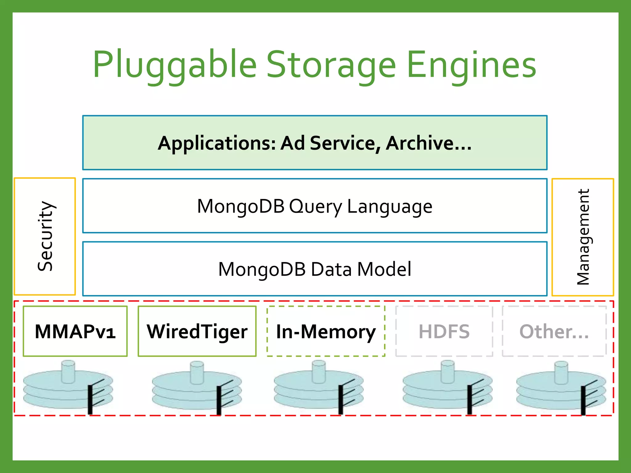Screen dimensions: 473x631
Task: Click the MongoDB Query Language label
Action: pyautogui.click(x=315, y=206)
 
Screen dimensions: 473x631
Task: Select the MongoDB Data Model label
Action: pyautogui.click(x=315, y=269)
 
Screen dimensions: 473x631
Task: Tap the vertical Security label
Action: pyautogui.click(x=45, y=236)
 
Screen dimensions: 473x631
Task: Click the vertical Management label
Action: pyautogui.click(x=583, y=237)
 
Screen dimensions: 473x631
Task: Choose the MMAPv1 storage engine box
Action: pyautogui.click(x=75, y=331)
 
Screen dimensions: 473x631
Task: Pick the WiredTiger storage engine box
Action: pyautogui.click(x=197, y=331)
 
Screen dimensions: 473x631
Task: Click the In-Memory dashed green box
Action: pyautogui.click(x=326, y=331)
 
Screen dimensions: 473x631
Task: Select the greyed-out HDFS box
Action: pyautogui.click(x=444, y=331)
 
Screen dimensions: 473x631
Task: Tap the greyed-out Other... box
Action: pyautogui.click(x=554, y=331)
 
